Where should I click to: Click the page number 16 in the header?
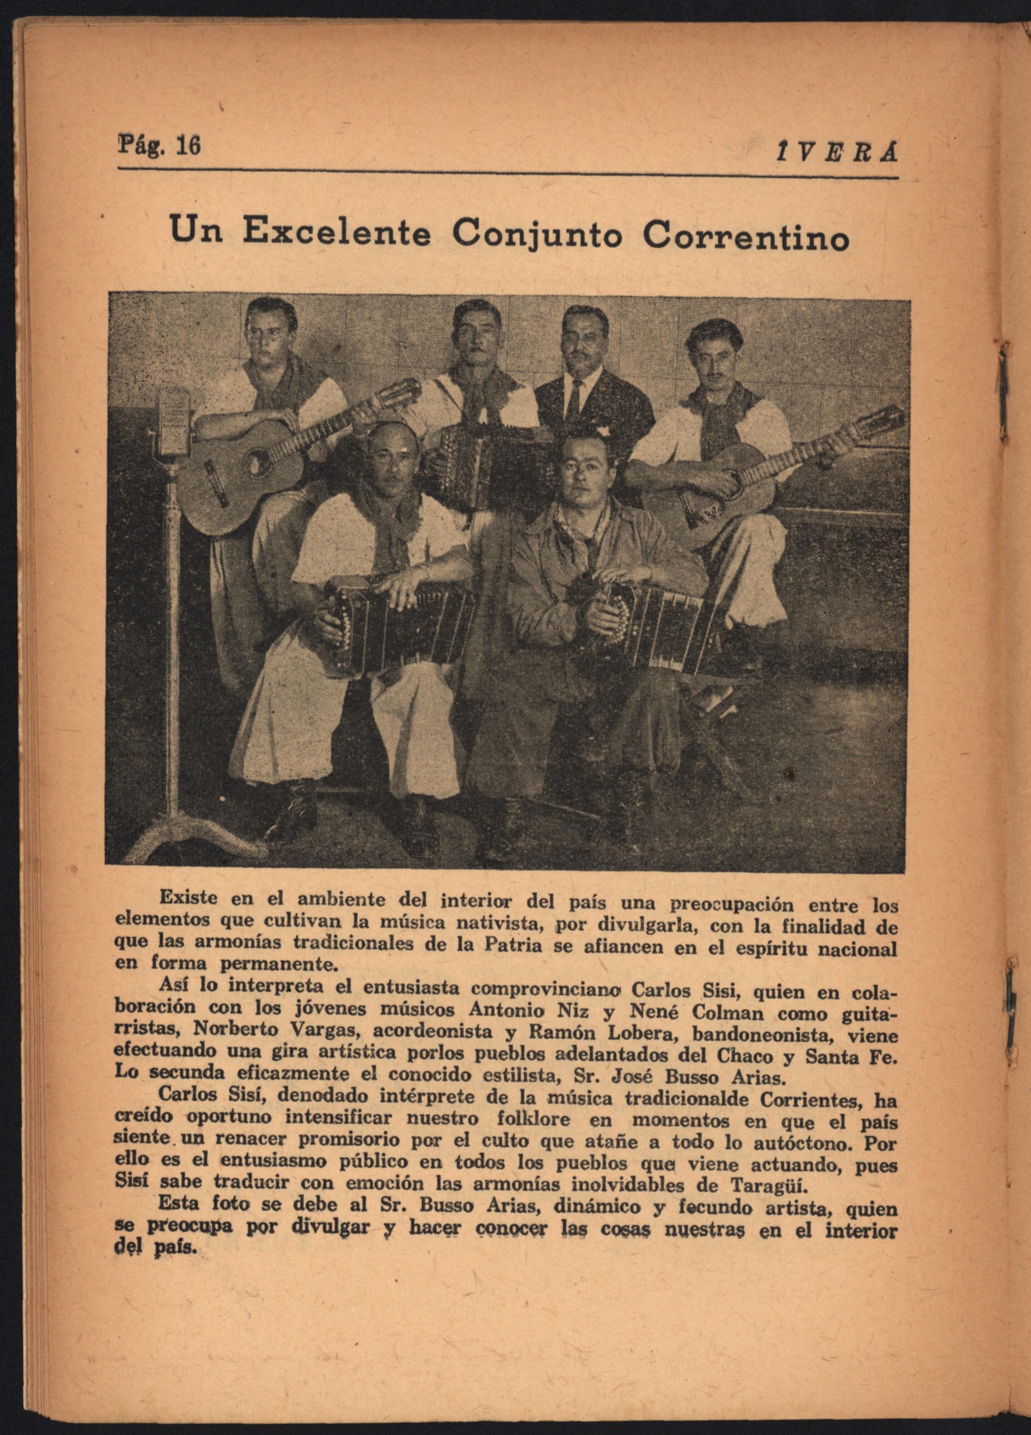188,146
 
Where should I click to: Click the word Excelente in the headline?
337,233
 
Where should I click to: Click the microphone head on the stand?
172,420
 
